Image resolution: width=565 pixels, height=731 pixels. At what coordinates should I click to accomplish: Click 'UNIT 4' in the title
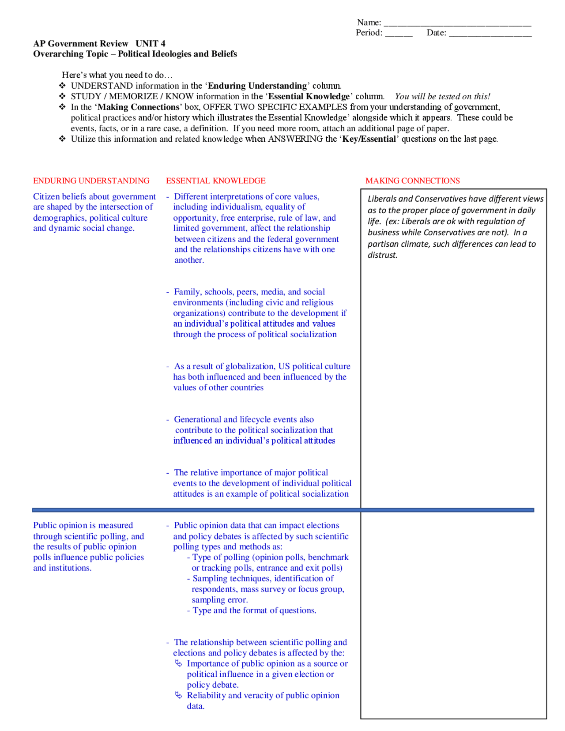(151, 43)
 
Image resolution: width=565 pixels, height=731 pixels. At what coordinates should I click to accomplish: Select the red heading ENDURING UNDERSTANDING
(91, 181)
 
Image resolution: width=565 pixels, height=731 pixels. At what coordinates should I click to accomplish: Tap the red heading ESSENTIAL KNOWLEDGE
(216, 181)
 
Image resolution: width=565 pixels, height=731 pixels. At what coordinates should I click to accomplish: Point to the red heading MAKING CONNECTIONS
(413, 181)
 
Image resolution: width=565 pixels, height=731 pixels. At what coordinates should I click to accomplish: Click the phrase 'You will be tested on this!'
(442, 96)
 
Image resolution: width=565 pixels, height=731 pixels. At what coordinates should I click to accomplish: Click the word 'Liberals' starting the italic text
(382, 199)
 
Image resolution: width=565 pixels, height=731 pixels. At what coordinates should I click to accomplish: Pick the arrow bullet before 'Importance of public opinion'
(179, 663)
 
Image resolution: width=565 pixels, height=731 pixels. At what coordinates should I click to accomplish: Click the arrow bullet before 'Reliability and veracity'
(179, 695)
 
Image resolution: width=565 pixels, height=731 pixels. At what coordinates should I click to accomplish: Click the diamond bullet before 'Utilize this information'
(63, 139)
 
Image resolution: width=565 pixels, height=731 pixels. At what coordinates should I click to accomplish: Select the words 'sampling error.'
(219, 599)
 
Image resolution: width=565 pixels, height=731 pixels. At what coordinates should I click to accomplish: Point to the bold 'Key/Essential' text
(369, 139)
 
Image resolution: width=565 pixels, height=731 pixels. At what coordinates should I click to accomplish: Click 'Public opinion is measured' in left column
(83, 525)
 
